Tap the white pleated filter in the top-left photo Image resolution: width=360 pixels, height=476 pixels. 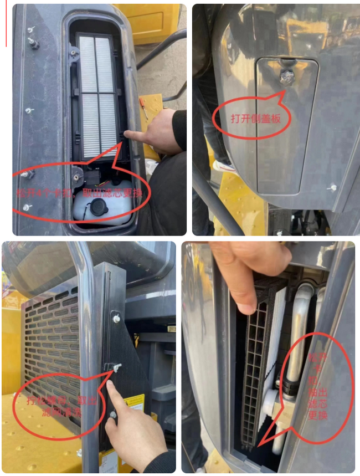click(97, 94)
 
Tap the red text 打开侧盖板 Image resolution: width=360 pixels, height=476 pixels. click(252, 117)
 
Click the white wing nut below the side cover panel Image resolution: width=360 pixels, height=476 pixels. click(331, 188)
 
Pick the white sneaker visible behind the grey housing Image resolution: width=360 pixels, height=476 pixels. click(223, 165)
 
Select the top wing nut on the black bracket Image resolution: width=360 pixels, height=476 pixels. click(116, 318)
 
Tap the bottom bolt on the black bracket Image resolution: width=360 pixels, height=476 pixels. click(113, 414)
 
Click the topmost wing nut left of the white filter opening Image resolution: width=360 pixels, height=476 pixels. click(32, 29)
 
